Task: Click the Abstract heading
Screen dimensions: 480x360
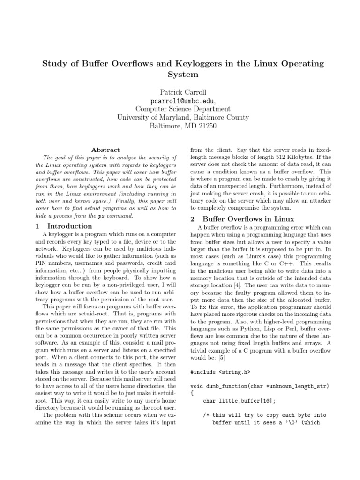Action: tap(105, 150)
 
